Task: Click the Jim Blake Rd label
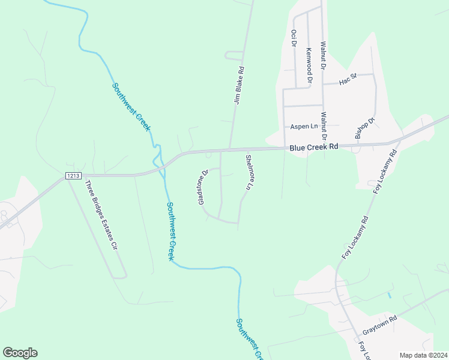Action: (x=238, y=86)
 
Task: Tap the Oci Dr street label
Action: (x=294, y=41)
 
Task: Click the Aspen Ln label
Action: (x=304, y=127)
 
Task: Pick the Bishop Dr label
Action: (x=364, y=128)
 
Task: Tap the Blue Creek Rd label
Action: (x=314, y=146)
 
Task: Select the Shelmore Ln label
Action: (x=249, y=173)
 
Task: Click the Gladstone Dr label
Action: (x=202, y=187)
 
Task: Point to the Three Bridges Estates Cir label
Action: (x=100, y=214)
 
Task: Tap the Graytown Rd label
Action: (x=380, y=326)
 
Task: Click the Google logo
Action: (x=20, y=353)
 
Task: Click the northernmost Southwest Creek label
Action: (x=131, y=106)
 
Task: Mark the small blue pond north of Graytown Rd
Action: (x=389, y=295)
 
